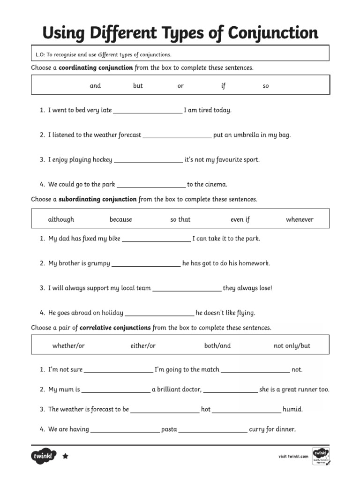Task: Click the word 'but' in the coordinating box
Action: click(138, 86)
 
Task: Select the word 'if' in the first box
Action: click(223, 86)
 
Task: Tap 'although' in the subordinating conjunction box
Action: click(61, 219)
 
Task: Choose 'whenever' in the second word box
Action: click(300, 219)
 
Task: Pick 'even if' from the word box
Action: click(240, 219)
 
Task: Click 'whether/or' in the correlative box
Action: click(68, 346)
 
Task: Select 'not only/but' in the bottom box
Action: click(292, 346)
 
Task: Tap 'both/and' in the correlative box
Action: click(217, 346)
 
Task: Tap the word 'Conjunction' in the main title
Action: click(273, 33)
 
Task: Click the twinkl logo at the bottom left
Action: click(44, 456)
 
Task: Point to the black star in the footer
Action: click(65, 456)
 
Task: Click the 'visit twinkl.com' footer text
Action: click(293, 456)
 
